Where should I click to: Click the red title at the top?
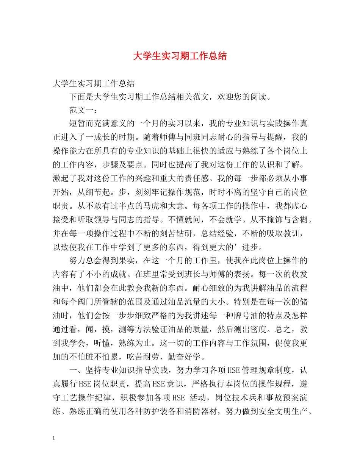pyautogui.click(x=180, y=56)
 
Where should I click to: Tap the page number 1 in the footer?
pyautogui.click(x=54, y=438)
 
